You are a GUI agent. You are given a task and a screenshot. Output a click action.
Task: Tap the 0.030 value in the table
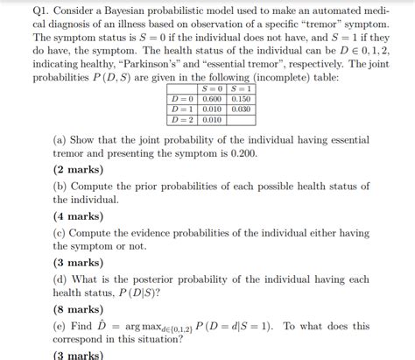tap(239, 109)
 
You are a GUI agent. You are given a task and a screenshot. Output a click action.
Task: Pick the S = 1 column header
tap(239, 88)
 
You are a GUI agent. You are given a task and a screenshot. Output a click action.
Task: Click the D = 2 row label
tap(183, 119)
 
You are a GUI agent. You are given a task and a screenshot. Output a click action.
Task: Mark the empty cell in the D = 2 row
tap(239, 119)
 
